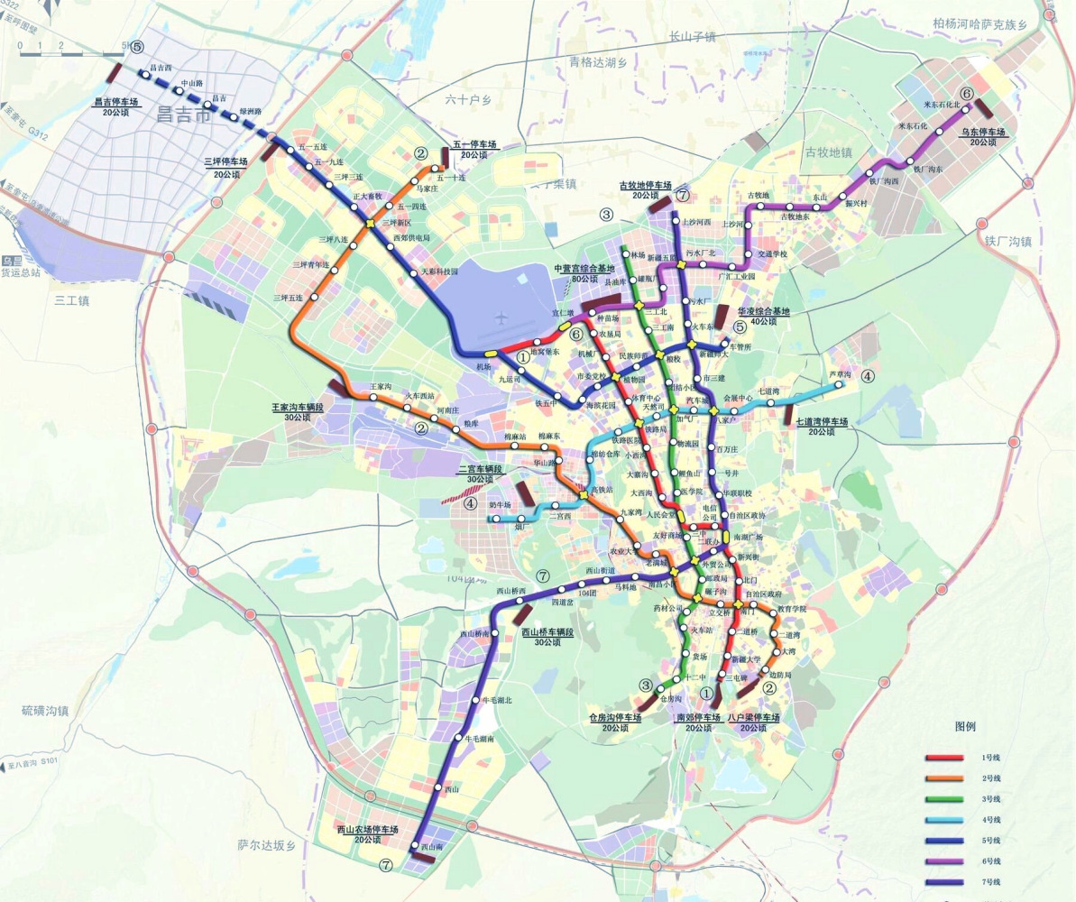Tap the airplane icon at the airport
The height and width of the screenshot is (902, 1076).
tap(501, 318)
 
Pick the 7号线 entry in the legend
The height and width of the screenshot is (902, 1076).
tap(992, 881)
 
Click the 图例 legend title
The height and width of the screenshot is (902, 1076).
tap(965, 725)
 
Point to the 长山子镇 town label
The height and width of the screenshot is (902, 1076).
tap(692, 37)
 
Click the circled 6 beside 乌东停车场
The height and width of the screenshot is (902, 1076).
tap(967, 94)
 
